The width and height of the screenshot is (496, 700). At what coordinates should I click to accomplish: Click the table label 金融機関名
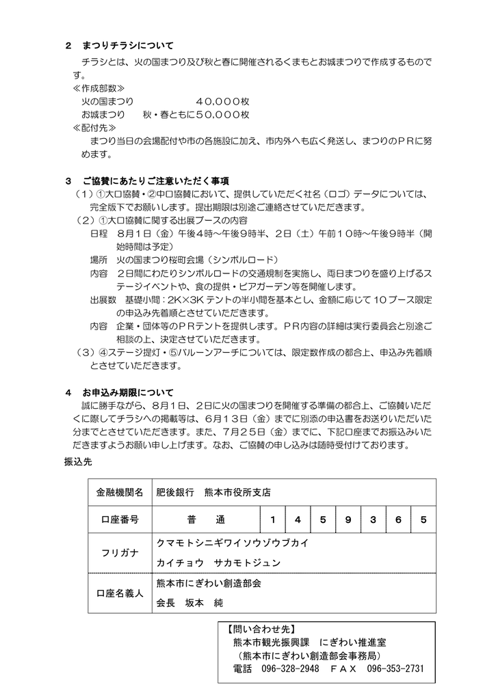pyautogui.click(x=120, y=492)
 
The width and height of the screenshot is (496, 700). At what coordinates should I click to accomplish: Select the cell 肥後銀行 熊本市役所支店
pyautogui.click(x=213, y=492)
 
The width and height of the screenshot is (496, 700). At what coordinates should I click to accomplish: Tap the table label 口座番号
pyautogui.click(x=120, y=520)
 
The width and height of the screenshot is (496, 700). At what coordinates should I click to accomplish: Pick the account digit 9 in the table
pyautogui.click(x=348, y=520)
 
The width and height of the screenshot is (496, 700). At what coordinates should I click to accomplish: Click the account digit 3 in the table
pyautogui.click(x=373, y=520)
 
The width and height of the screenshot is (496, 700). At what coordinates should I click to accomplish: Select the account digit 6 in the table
pyautogui.click(x=398, y=520)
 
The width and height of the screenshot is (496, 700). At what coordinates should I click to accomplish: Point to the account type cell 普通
pyautogui.click(x=205, y=520)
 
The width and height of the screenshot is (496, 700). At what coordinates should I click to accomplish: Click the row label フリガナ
pyautogui.click(x=120, y=552)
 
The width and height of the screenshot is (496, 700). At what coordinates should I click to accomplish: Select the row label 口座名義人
pyautogui.click(x=120, y=593)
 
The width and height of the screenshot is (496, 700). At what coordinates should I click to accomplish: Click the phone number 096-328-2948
pyautogui.click(x=291, y=669)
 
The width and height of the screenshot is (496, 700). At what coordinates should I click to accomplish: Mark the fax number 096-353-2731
pyautogui.click(x=395, y=669)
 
